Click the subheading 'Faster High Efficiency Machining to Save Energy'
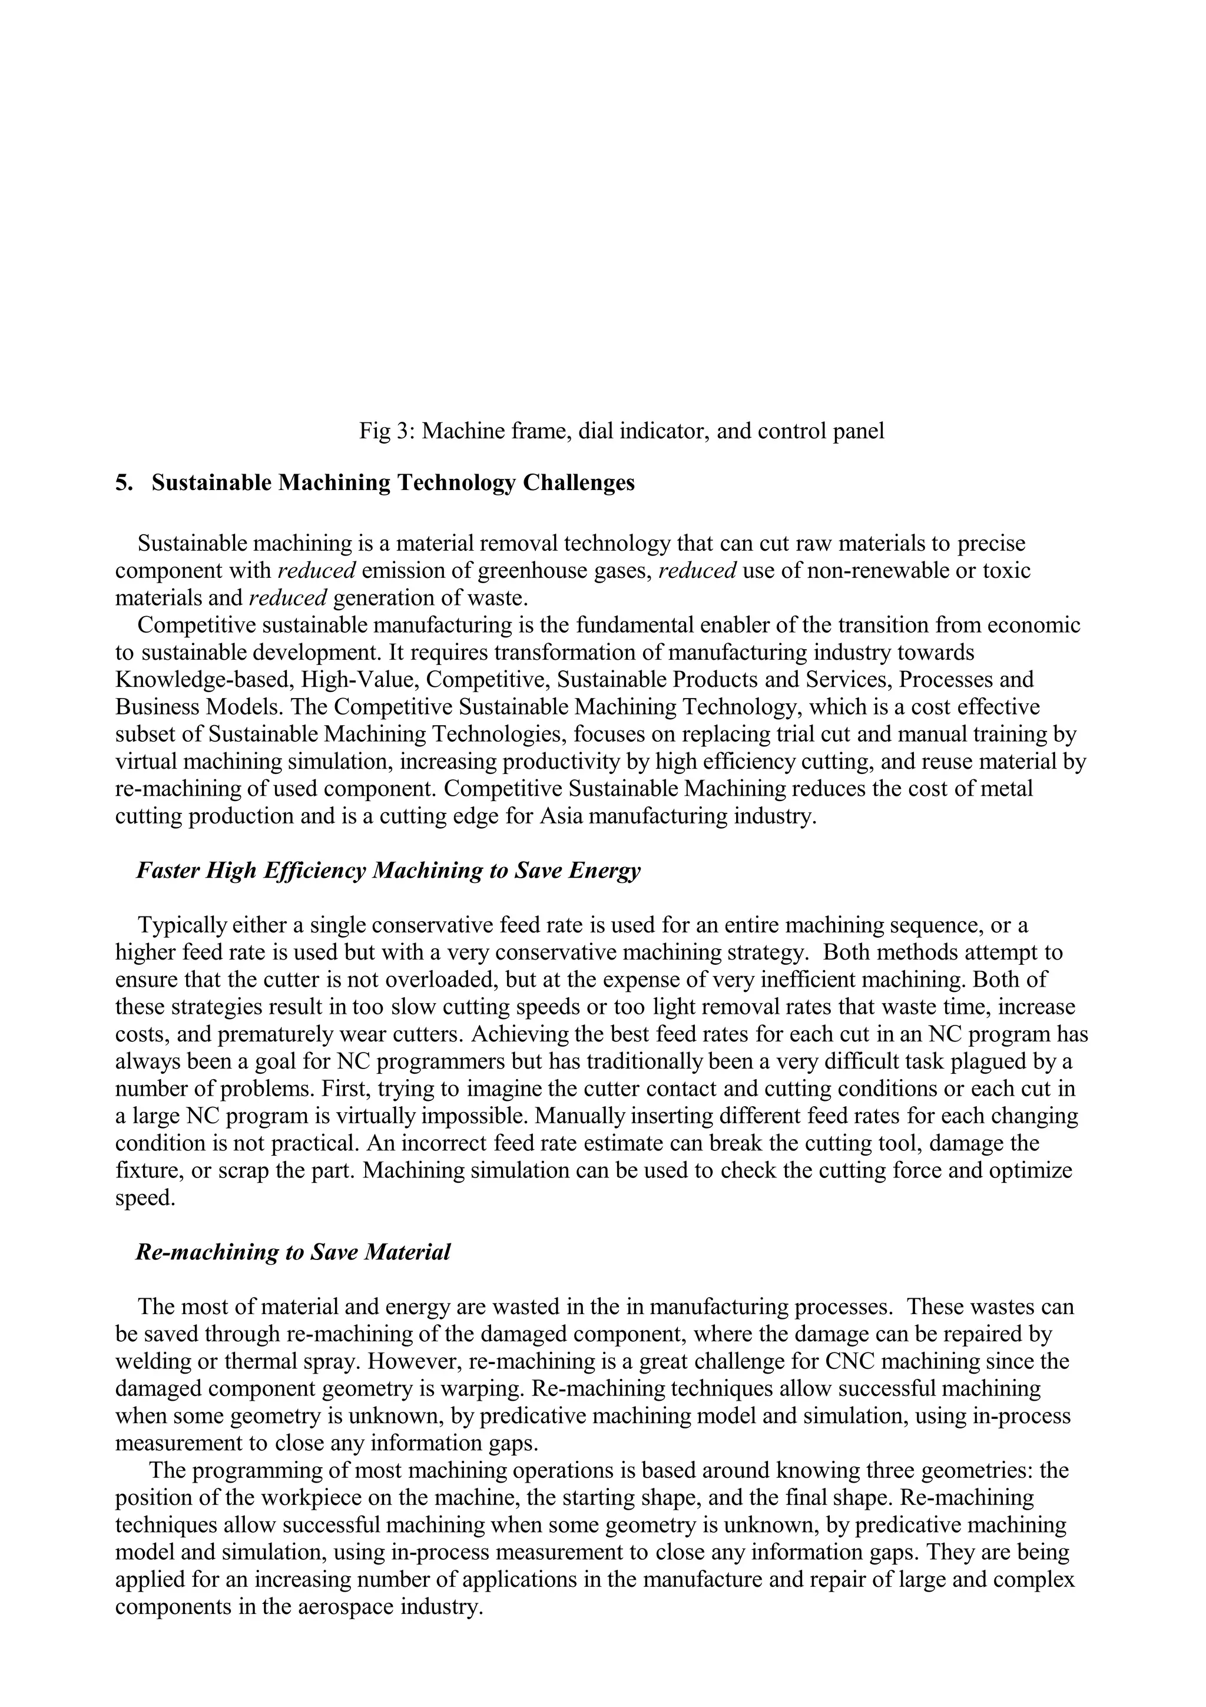pyautogui.click(x=388, y=870)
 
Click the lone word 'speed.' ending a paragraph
pyautogui.click(x=145, y=1197)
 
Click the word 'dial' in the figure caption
pyautogui.click(x=598, y=431)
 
